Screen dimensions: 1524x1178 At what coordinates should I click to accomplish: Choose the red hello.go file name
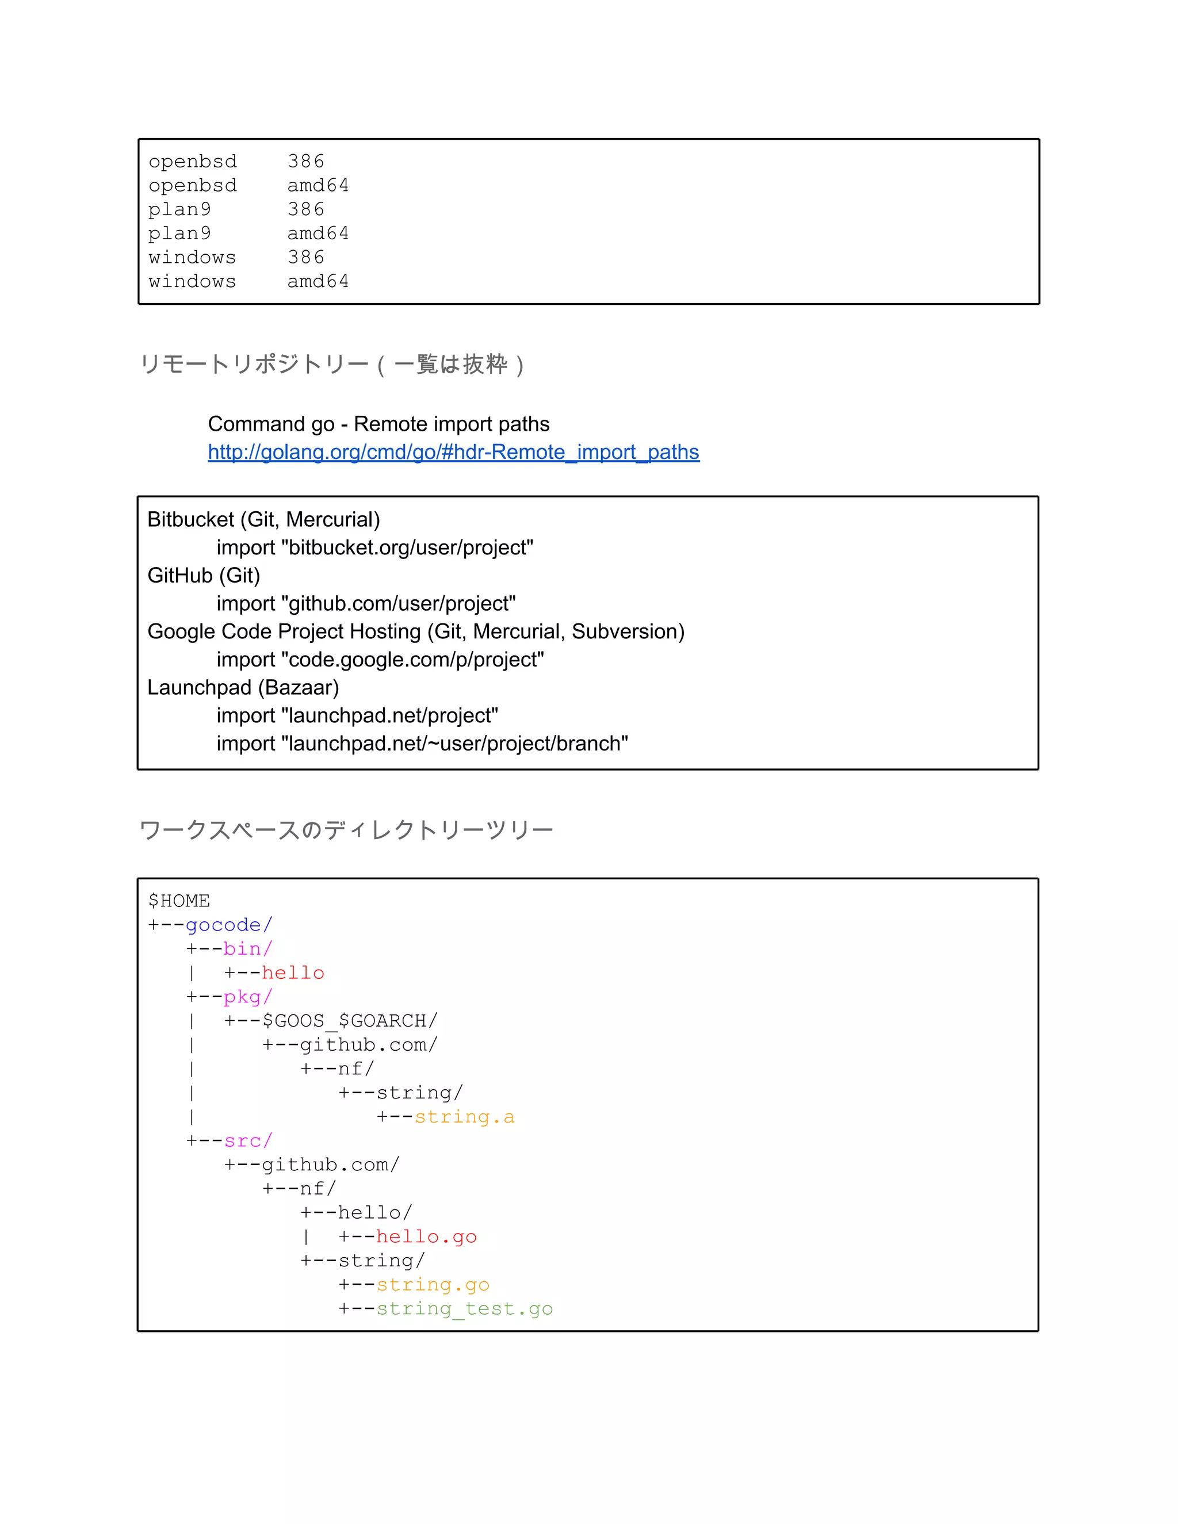click(x=426, y=1236)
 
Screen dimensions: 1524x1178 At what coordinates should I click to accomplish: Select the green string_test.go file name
click(x=465, y=1308)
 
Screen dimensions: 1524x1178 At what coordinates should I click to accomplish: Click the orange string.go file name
click(x=433, y=1285)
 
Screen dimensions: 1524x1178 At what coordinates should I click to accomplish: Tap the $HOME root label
click(x=179, y=901)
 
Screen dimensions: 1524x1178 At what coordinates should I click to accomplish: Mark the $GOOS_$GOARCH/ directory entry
click(x=350, y=1021)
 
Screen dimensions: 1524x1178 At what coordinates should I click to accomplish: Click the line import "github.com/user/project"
click(x=366, y=604)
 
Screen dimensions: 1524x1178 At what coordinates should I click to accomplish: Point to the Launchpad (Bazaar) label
click(x=243, y=687)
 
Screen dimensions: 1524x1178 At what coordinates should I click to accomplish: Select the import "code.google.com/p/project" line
click(x=380, y=660)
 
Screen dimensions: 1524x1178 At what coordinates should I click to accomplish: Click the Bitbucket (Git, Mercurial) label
click(x=264, y=519)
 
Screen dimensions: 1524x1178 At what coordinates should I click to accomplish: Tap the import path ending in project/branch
click(x=422, y=743)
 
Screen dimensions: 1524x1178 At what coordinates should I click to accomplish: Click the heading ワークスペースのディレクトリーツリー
click(x=346, y=830)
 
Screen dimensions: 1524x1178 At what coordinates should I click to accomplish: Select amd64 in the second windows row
click(x=318, y=281)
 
